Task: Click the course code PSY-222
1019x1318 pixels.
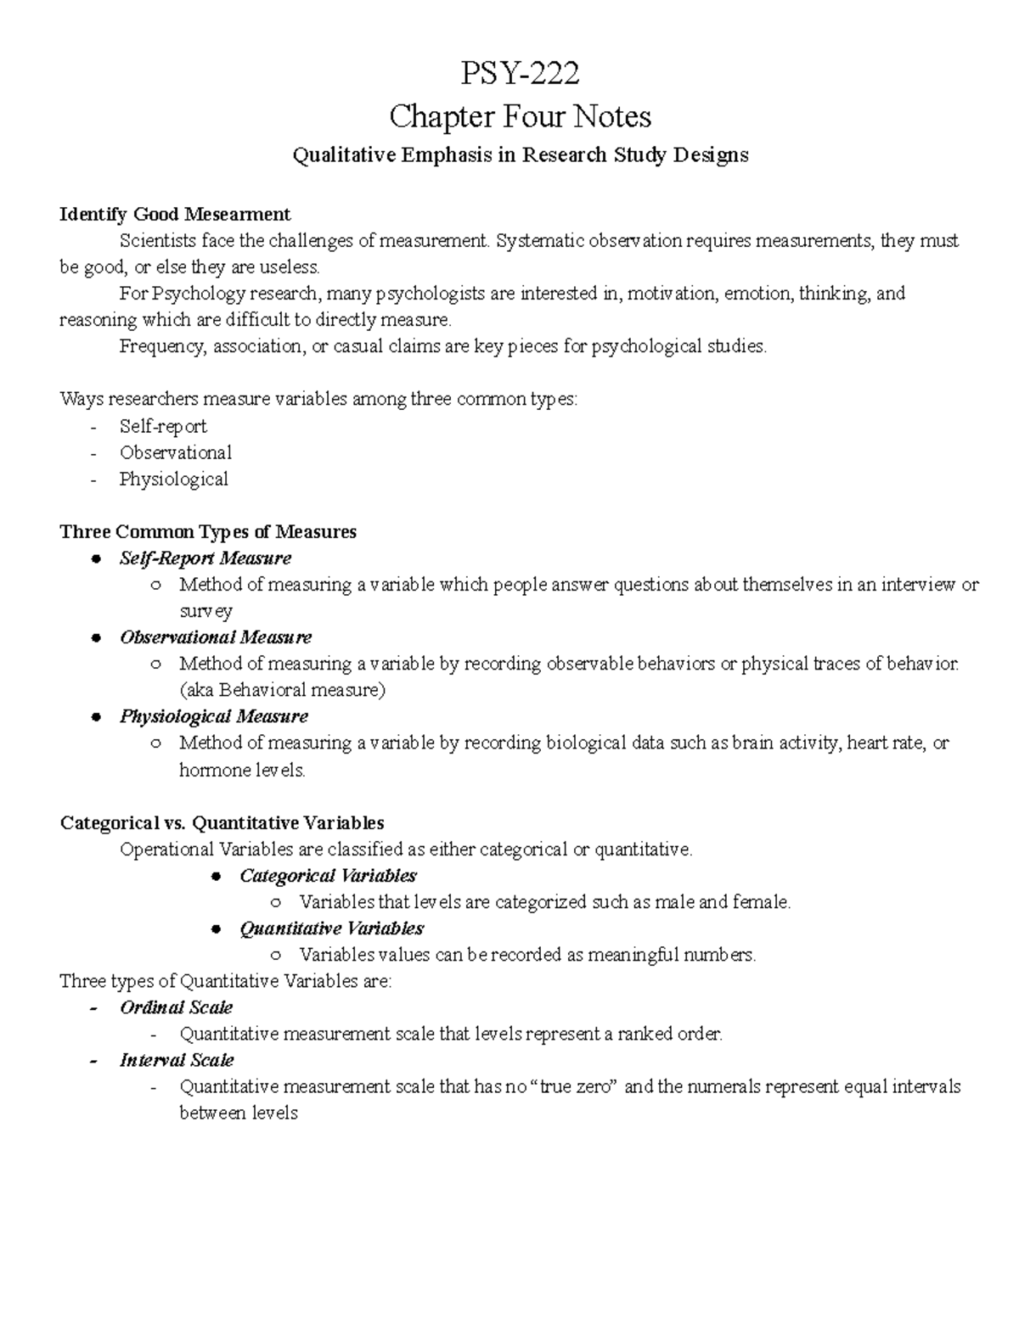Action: (520, 74)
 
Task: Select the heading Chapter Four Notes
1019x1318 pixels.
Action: (520, 115)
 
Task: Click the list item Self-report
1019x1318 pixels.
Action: (163, 426)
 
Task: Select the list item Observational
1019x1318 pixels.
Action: (175, 452)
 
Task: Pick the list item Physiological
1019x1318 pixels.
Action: (173, 479)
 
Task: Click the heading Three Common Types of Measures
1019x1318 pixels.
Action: (208, 532)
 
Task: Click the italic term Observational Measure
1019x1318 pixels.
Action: (216, 637)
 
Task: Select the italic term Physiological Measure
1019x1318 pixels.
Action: (213, 716)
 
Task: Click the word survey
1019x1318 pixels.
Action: (205, 611)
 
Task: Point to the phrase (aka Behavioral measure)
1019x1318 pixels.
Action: (282, 690)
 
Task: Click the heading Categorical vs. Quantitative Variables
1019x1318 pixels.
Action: (222, 822)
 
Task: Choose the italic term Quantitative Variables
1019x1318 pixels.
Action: (331, 928)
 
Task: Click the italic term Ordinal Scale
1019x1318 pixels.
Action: (176, 1007)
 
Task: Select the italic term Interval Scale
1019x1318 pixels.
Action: (177, 1060)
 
